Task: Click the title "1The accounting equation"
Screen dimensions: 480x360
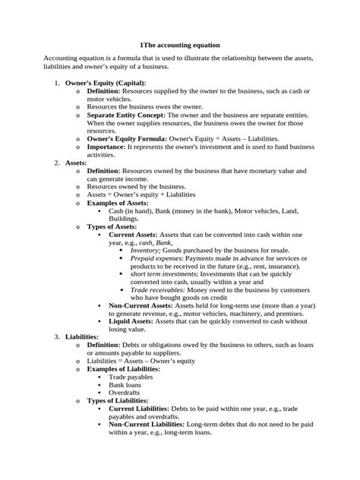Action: coord(180,46)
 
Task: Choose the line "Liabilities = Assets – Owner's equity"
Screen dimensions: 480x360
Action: coord(140,361)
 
